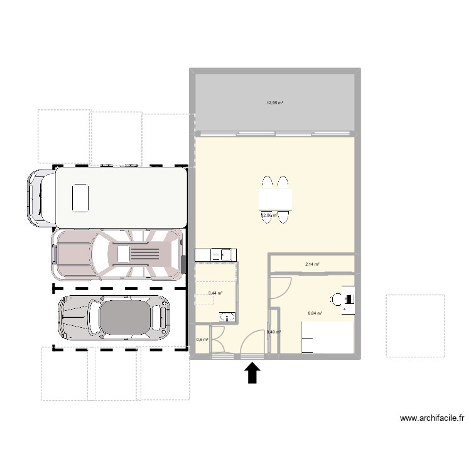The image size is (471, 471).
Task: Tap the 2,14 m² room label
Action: (312, 264)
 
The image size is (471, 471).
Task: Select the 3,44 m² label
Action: (215, 293)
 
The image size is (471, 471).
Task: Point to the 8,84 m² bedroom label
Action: (315, 313)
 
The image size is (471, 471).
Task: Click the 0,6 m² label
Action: (202, 340)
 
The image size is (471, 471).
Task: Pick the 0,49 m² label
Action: (273, 332)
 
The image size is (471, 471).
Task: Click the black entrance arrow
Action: (252, 374)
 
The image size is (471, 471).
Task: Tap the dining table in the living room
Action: (275, 200)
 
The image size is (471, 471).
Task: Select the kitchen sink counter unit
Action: (215, 254)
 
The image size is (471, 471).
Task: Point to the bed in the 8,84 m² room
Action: (327, 338)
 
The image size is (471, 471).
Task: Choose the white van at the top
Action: (108, 197)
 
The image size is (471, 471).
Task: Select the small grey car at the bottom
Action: (114, 317)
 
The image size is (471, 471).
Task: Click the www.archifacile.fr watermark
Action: (432, 418)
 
